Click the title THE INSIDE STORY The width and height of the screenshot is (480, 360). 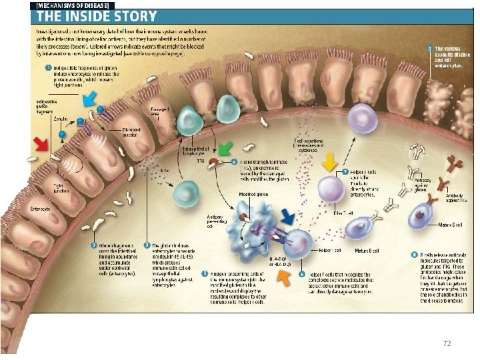[95, 15]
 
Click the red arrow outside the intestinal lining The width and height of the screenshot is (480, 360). [41, 144]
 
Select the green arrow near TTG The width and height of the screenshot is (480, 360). [228, 147]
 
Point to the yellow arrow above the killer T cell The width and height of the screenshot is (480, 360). [328, 163]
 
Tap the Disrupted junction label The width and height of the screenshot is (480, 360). [131, 131]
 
